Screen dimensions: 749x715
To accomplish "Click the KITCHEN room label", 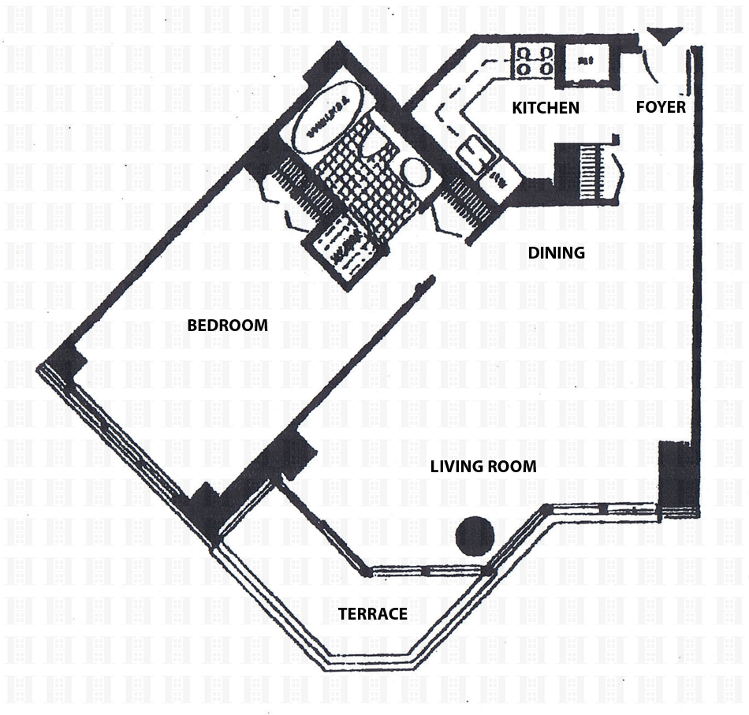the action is point(546,108).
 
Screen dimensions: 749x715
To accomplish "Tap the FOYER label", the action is point(661,106).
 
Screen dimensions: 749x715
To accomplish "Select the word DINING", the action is point(556,253).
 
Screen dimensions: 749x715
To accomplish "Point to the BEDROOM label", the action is point(227,325).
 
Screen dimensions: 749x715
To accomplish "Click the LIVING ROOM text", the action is point(483,467).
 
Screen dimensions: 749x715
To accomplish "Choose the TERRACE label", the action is point(372,614).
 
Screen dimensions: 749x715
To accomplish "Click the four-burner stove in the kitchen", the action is point(534,61).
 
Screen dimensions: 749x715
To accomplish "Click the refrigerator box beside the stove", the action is point(584,63).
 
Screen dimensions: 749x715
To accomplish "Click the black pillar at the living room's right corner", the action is point(676,479).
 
